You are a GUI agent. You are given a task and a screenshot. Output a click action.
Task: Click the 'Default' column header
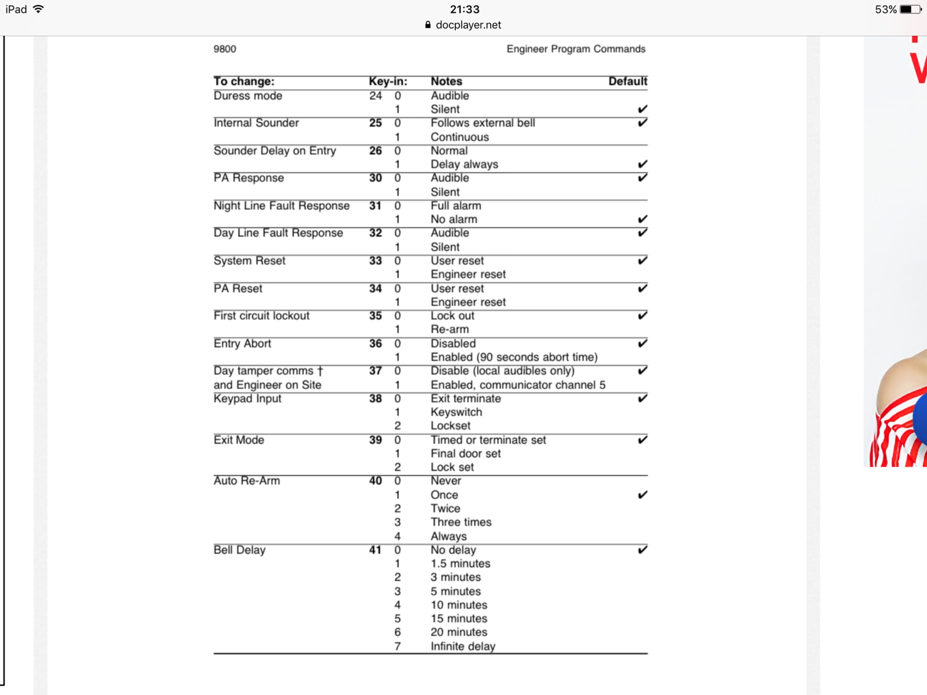(627, 82)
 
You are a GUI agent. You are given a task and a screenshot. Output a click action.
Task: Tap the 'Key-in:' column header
(388, 82)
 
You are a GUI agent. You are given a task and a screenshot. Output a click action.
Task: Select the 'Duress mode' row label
(247, 96)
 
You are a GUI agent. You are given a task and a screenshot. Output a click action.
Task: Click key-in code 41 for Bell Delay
(375, 550)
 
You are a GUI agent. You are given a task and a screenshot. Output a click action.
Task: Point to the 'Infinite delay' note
(462, 646)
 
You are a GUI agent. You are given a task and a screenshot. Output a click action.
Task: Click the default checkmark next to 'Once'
(642, 495)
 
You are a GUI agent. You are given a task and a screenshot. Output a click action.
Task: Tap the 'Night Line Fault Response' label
(281, 206)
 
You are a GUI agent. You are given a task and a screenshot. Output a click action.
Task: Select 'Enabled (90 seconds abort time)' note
(513, 357)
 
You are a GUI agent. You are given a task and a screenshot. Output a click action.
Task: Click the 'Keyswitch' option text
(456, 412)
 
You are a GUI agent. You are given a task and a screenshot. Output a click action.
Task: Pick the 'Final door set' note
(465, 453)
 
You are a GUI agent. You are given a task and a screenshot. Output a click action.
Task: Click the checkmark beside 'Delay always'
(642, 164)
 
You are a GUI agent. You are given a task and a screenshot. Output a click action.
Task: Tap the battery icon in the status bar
(910, 9)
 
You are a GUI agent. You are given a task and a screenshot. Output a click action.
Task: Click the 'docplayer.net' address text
(468, 25)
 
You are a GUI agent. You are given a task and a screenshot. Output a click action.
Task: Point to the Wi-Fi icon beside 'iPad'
(39, 9)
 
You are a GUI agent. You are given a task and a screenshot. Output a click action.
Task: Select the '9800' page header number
(225, 49)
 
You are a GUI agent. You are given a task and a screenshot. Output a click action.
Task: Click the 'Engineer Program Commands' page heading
(575, 49)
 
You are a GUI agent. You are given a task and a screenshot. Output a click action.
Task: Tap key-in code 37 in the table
(375, 371)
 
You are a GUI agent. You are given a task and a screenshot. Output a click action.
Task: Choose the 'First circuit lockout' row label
(261, 316)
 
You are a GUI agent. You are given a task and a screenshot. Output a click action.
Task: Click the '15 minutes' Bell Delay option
(458, 619)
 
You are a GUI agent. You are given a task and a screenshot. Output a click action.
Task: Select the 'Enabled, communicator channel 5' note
(517, 385)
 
